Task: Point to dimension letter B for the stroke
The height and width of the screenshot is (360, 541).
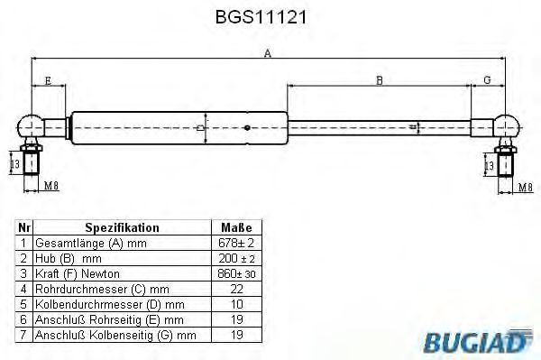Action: point(380,80)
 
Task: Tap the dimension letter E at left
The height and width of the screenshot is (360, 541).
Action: point(47,80)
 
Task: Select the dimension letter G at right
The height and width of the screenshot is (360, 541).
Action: point(487,80)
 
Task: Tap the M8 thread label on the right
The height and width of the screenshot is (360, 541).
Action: point(525,187)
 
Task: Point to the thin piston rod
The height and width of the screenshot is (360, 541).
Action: point(379,126)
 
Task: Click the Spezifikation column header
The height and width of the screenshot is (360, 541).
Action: point(122,228)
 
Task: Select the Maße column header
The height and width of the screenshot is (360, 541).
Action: point(235,228)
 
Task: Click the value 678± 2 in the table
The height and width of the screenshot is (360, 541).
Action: point(235,244)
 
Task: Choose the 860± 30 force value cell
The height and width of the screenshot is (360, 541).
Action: point(235,272)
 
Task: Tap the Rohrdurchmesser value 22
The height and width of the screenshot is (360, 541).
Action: point(235,288)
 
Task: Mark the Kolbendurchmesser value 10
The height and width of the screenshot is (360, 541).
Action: point(235,303)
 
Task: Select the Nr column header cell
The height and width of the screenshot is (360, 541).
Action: point(24,228)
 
